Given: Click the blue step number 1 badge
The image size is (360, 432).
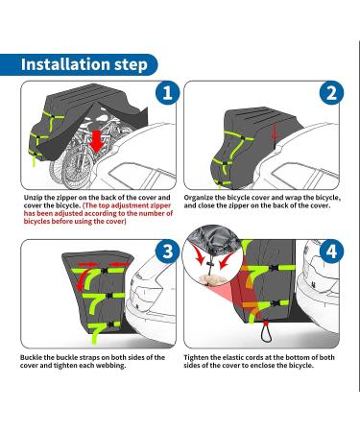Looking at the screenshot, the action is point(167,93).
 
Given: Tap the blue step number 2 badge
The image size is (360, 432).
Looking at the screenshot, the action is point(331,93).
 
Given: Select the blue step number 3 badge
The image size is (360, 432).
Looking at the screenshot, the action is point(167,252).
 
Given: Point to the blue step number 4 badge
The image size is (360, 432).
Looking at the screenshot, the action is point(331,252).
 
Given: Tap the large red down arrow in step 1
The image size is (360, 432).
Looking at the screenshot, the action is point(96,140).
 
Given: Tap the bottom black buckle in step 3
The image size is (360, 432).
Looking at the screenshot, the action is point(111,324).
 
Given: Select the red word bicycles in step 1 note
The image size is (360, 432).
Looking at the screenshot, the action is point(36,222).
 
